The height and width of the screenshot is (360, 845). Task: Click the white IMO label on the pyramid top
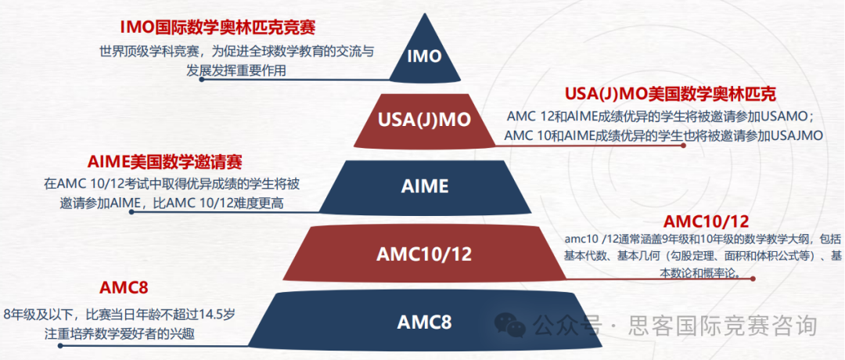pyautogui.click(x=425, y=56)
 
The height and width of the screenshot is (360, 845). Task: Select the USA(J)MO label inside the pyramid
pyautogui.click(x=425, y=120)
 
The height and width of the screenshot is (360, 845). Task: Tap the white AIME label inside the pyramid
pyautogui.click(x=425, y=186)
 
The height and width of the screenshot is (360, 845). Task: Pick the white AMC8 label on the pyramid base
pyautogui.click(x=424, y=322)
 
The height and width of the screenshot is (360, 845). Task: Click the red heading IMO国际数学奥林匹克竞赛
pyautogui.click(x=218, y=27)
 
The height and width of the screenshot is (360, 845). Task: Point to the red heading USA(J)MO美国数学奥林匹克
pyautogui.click(x=671, y=95)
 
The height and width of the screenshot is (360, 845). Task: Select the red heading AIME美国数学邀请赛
pyautogui.click(x=164, y=162)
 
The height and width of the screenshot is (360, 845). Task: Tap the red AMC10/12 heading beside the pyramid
pyautogui.click(x=706, y=221)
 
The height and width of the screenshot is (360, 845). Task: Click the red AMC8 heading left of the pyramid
pyautogui.click(x=124, y=288)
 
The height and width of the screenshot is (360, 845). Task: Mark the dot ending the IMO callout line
pyautogui.click(x=202, y=79)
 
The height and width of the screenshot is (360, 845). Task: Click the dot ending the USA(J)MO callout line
pyautogui.click(x=684, y=146)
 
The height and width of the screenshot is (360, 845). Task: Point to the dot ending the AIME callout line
pyautogui.click(x=131, y=211)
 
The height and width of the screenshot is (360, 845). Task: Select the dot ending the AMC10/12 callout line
pyautogui.click(x=753, y=279)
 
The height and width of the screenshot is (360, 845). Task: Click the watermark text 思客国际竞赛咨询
pyautogui.click(x=722, y=325)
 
